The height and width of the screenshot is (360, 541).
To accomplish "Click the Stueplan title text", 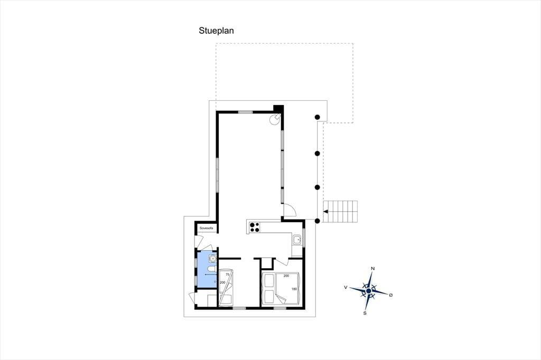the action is pos(216,31).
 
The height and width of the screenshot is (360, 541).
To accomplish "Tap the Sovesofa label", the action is pos(207,228).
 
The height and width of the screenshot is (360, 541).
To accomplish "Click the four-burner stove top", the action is pos(254,227).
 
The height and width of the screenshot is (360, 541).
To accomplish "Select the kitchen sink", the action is pos(297,239).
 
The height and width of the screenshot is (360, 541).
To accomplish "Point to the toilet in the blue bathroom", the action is pos(211,269).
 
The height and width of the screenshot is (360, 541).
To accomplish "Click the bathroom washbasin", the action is pos(212,258).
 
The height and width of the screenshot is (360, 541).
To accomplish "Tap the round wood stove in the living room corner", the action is pos(275,119).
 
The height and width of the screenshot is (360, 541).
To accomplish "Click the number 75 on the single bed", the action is pos(227,275).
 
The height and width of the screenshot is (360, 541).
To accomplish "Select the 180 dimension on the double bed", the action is pos(294,289).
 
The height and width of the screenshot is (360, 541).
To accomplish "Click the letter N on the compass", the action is pos(372,268).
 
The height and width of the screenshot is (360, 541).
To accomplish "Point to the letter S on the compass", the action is pos(365,313).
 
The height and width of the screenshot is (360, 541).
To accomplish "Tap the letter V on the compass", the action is pos(346,287).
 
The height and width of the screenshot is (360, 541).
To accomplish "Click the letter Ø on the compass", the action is pos(391,295).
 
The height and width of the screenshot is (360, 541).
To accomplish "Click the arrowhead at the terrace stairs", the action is pos(325,212).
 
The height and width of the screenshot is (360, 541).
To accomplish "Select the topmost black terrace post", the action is pos(317,117).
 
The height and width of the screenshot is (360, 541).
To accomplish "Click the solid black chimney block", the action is pos(278,108).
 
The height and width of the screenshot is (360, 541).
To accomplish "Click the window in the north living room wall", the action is pos(245,112).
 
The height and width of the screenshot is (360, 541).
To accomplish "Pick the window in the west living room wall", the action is pos(217,175).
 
